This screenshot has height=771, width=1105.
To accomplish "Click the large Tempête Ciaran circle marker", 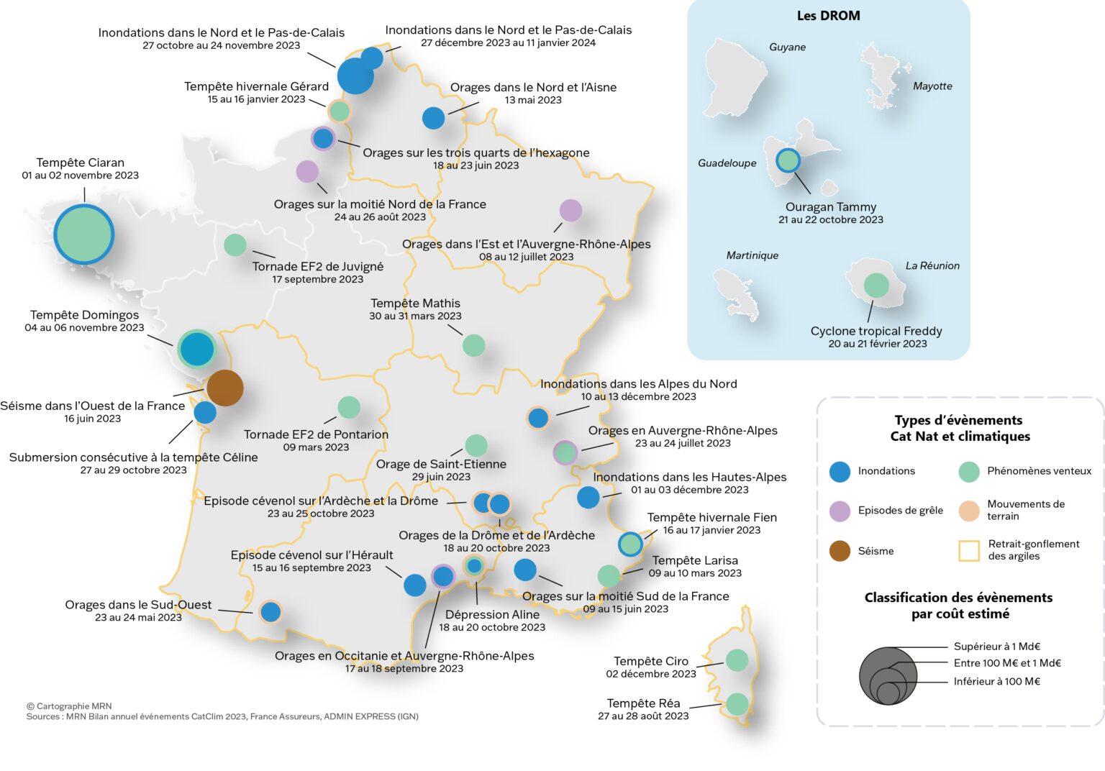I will tap(84, 234).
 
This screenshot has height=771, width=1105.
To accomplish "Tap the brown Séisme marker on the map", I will tap(224, 388).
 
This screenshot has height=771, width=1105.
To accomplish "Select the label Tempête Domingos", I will tap(84, 315).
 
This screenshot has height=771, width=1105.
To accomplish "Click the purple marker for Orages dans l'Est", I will tap(570, 211).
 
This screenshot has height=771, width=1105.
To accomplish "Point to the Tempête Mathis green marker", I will tap(473, 345).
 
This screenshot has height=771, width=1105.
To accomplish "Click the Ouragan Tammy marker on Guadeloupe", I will tap(788, 160).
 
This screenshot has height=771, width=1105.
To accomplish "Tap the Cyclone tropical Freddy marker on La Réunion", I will tap(876, 286).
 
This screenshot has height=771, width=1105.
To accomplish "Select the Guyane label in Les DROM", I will tap(787, 47).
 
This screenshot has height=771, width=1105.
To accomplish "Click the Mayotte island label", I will tap(932, 86).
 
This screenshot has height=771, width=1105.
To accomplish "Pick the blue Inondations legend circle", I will tap(840, 471).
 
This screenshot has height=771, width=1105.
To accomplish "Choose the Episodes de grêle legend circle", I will tap(840, 511).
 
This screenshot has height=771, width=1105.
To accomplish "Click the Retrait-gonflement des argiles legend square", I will tap(969, 550).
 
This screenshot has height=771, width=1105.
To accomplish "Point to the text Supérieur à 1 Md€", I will tap(996, 647).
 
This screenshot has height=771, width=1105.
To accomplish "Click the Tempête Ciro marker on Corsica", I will tap(737, 660).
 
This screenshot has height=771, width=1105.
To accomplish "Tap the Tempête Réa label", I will tap(643, 703).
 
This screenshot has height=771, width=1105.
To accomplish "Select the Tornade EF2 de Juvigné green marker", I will tap(235, 245).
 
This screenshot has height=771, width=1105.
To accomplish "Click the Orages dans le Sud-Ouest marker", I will tap(270, 612).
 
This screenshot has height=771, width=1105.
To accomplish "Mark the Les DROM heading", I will tap(828, 16).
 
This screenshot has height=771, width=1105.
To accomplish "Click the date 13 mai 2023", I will tap(532, 100).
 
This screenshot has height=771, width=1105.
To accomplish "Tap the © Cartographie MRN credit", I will tap(69, 706).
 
